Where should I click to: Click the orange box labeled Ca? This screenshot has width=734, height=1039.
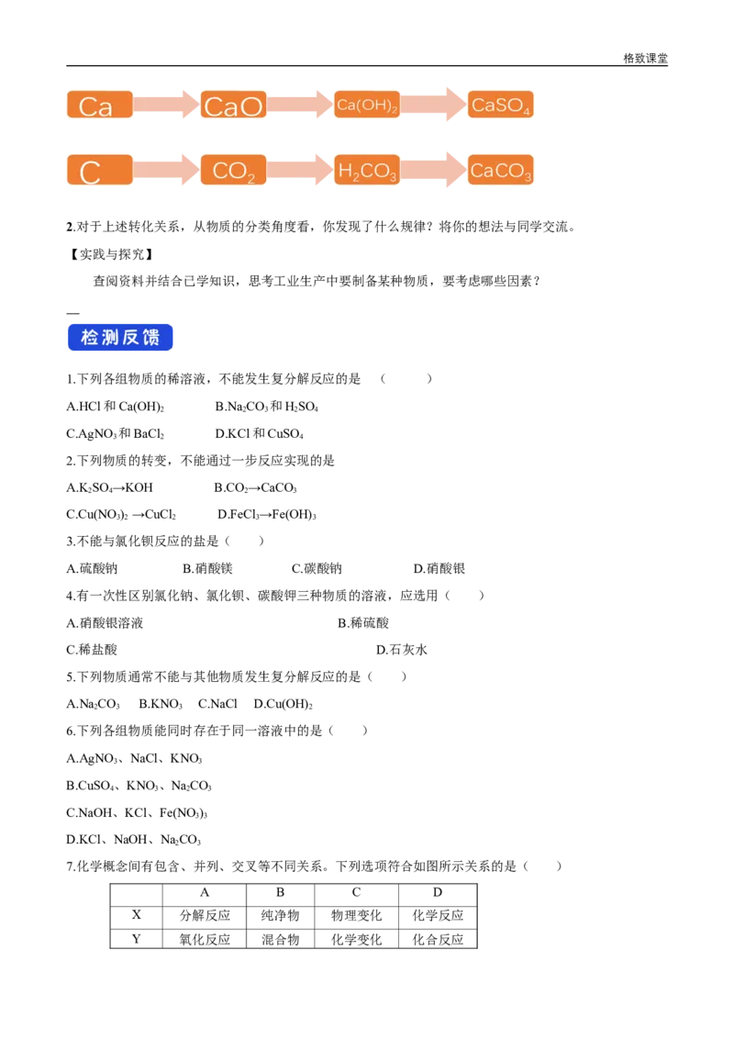coord(100,106)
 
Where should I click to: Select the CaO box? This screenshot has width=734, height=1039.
coord(233,106)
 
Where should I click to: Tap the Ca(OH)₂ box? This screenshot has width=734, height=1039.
coord(366,106)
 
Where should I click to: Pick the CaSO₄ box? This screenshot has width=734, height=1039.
coord(500,106)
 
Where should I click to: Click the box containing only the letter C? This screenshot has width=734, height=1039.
coord(100,171)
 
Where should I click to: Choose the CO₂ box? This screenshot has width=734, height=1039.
coord(233,171)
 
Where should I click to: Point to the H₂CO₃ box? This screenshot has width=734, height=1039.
coord(366,171)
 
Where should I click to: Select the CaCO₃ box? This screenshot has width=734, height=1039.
coord(500,171)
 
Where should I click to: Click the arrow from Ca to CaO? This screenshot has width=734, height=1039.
coord(166,106)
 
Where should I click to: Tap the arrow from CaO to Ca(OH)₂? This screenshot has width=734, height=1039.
coord(300,106)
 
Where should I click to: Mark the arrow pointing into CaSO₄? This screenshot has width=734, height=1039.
coord(433,106)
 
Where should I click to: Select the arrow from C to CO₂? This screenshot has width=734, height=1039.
coord(166,171)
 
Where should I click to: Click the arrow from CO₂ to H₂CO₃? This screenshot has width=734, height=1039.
coord(300,171)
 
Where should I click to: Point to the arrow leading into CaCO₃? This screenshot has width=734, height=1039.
coord(433,171)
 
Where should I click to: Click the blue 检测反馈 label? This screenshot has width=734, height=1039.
coord(120,338)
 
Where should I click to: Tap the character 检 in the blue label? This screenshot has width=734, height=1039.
coord(90,338)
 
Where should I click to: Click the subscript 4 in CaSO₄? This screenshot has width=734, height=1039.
coord(527,112)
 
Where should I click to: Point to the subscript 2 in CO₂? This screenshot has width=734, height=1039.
coord(250,177)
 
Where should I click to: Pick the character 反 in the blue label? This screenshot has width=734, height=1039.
coord(131,338)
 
